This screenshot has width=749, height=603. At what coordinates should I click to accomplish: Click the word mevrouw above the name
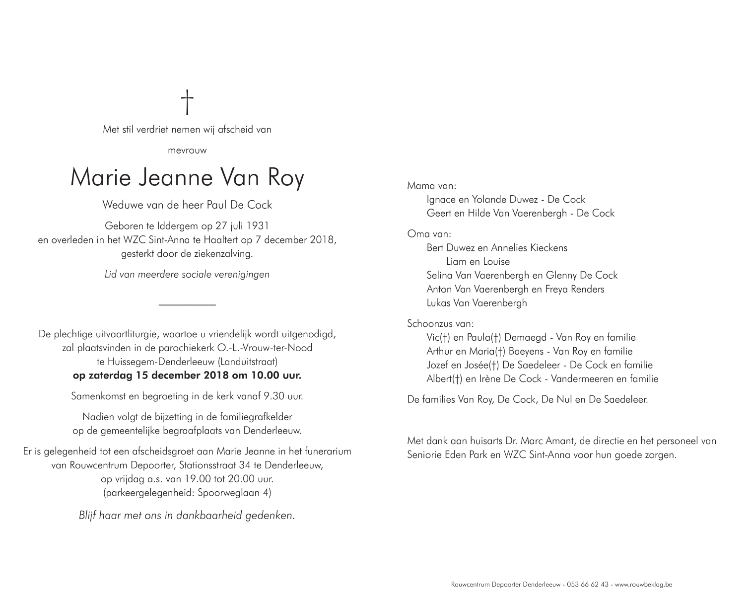click(187, 150)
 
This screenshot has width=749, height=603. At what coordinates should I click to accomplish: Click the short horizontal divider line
click(187, 304)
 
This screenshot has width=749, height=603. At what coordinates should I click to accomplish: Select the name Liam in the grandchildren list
click(456, 261)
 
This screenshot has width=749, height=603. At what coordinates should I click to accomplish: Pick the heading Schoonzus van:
click(440, 323)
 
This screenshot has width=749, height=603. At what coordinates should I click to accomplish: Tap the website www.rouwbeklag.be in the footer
click(643, 585)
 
